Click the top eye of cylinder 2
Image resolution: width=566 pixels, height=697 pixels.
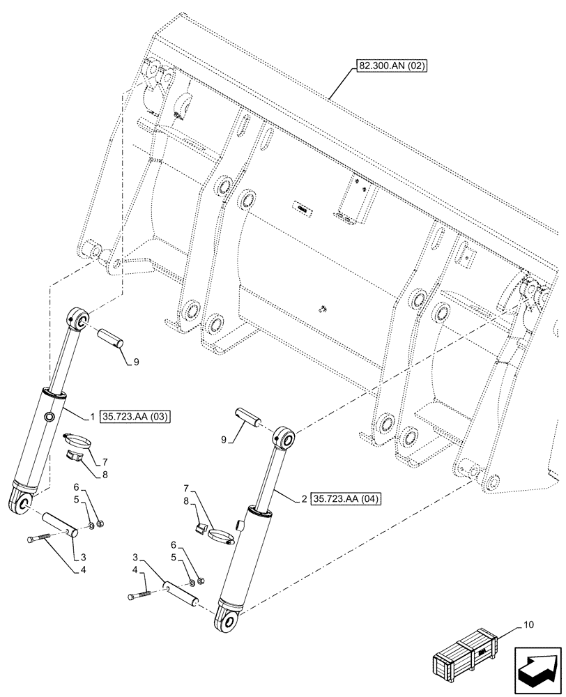click(285, 440)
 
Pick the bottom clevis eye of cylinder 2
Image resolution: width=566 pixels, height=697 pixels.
click(228, 617)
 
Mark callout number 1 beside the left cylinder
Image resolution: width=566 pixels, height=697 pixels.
click(91, 418)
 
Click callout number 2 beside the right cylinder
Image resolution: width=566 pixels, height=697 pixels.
click(305, 498)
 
